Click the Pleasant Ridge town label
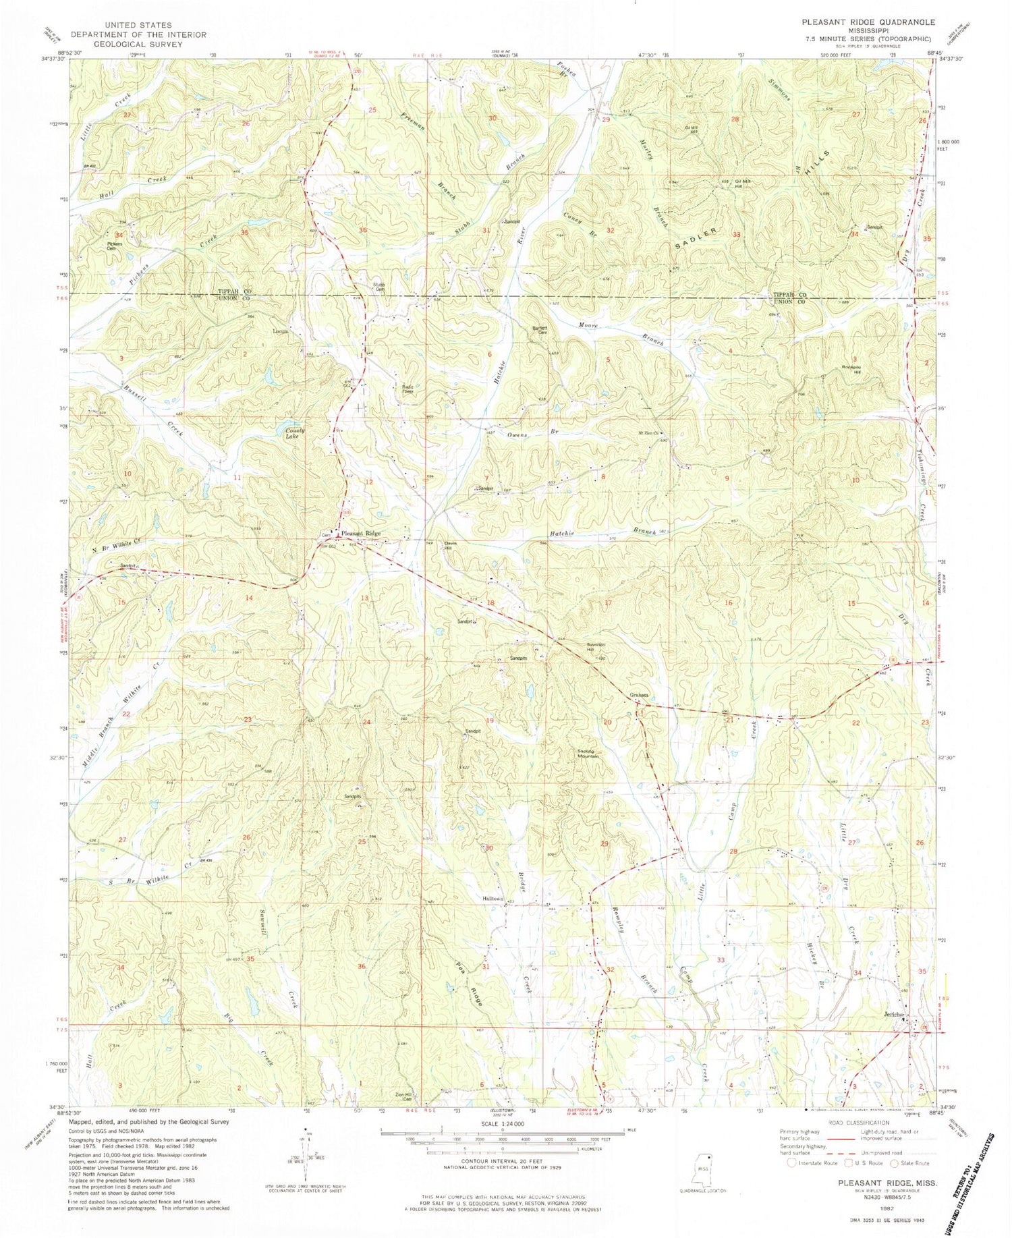361,534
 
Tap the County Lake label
295,433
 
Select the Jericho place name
893,1016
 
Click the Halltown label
493,899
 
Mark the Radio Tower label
403,389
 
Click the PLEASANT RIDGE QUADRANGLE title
868,22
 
